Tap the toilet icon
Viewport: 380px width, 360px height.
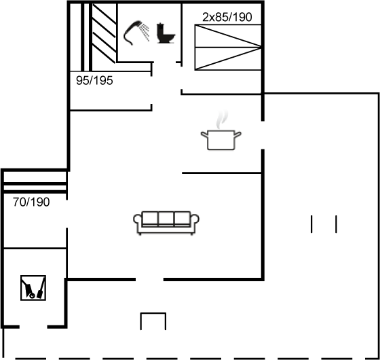tap(166, 33)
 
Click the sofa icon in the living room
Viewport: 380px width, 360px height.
tap(166, 223)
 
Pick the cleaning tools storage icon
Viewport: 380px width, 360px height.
tap(33, 288)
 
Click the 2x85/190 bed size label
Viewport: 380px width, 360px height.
tap(227, 17)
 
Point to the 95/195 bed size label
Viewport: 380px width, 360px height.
tap(94, 81)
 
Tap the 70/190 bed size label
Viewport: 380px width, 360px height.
tap(31, 202)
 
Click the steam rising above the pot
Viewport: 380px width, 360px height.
tap(223, 120)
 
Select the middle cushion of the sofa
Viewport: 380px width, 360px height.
tap(166, 219)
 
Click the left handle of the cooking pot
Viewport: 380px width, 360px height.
tap(204, 134)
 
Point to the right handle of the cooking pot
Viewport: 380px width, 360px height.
tap(237, 134)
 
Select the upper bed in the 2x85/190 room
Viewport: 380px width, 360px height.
tap(228, 36)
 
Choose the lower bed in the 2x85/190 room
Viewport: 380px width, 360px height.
tap(228, 58)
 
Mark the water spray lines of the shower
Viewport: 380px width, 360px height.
tap(145, 33)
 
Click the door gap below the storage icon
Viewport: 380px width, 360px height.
tap(33, 327)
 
